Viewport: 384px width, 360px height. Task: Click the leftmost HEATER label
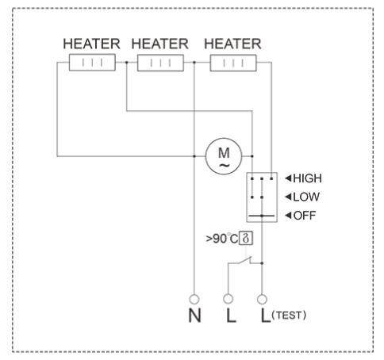click(91, 44)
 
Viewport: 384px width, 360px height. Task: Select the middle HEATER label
click(160, 44)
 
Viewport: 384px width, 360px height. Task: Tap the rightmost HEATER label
click(232, 44)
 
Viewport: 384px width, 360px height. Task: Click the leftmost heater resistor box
click(92, 63)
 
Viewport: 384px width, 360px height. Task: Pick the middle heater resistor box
click(160, 63)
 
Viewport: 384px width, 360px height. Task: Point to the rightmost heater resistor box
click(233, 63)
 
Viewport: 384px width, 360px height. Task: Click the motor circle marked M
click(224, 156)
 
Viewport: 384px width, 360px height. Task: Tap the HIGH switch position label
click(307, 178)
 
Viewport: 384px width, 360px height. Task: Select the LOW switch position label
click(306, 197)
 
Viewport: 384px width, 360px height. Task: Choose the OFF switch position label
click(305, 216)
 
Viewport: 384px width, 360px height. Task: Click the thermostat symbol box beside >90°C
click(246, 239)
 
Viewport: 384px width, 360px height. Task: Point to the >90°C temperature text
click(222, 239)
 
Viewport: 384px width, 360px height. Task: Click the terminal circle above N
click(194, 299)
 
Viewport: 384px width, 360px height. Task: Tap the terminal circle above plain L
click(228, 299)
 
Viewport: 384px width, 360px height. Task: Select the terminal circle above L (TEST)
click(262, 299)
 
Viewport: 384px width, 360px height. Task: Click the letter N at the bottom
click(194, 316)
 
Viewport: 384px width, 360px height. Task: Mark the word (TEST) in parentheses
click(289, 316)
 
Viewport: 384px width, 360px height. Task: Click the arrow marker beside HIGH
click(288, 178)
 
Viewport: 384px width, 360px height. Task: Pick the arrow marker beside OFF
click(288, 215)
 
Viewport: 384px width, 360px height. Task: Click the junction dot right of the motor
click(252, 156)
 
